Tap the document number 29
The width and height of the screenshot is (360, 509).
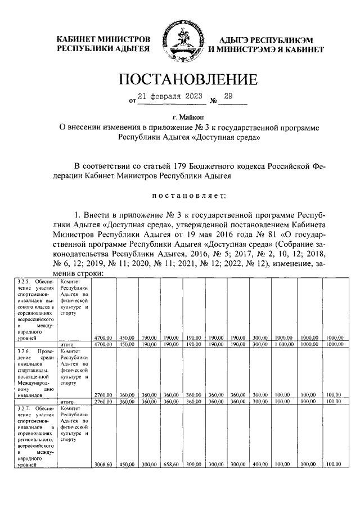coord(228,97)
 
